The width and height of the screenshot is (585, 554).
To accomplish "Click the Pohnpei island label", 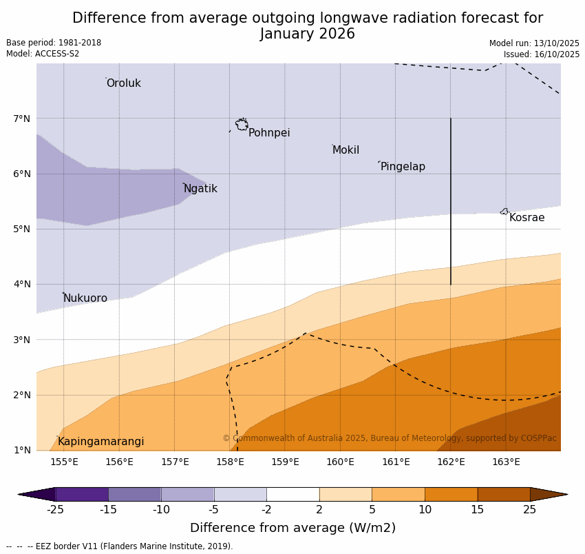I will point(269,133).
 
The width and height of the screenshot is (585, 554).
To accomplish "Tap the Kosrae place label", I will point(526,218).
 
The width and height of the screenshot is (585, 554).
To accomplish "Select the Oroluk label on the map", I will point(123,83).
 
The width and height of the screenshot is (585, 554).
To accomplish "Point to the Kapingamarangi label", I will point(100,442).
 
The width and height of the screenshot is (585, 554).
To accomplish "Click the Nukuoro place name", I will point(85,298).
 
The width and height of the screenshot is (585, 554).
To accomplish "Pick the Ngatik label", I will point(200,189).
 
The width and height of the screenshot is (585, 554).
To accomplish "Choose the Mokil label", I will point(345,150).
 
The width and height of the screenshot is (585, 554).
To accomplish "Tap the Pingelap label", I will point(403,167).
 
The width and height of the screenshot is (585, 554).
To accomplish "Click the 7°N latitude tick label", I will point(22,119).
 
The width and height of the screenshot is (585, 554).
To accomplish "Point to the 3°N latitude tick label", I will point(22,340).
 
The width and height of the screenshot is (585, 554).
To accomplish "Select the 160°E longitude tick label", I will point(340,462).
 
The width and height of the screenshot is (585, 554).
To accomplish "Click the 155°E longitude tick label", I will point(64,462).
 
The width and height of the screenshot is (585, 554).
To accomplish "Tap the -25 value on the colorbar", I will point(55,510).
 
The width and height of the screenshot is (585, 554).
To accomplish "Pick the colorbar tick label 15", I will point(478,510).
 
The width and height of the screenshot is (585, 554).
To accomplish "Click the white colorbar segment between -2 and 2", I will point(292,494).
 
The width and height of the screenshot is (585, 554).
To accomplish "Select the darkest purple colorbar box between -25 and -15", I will point(81,494).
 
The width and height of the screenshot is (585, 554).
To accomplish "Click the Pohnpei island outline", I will point(242,125).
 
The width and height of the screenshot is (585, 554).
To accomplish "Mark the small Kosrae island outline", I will point(504,212).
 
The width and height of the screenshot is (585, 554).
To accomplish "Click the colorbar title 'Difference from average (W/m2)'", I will point(292,528).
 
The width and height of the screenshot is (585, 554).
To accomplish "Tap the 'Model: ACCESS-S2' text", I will point(43,54).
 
